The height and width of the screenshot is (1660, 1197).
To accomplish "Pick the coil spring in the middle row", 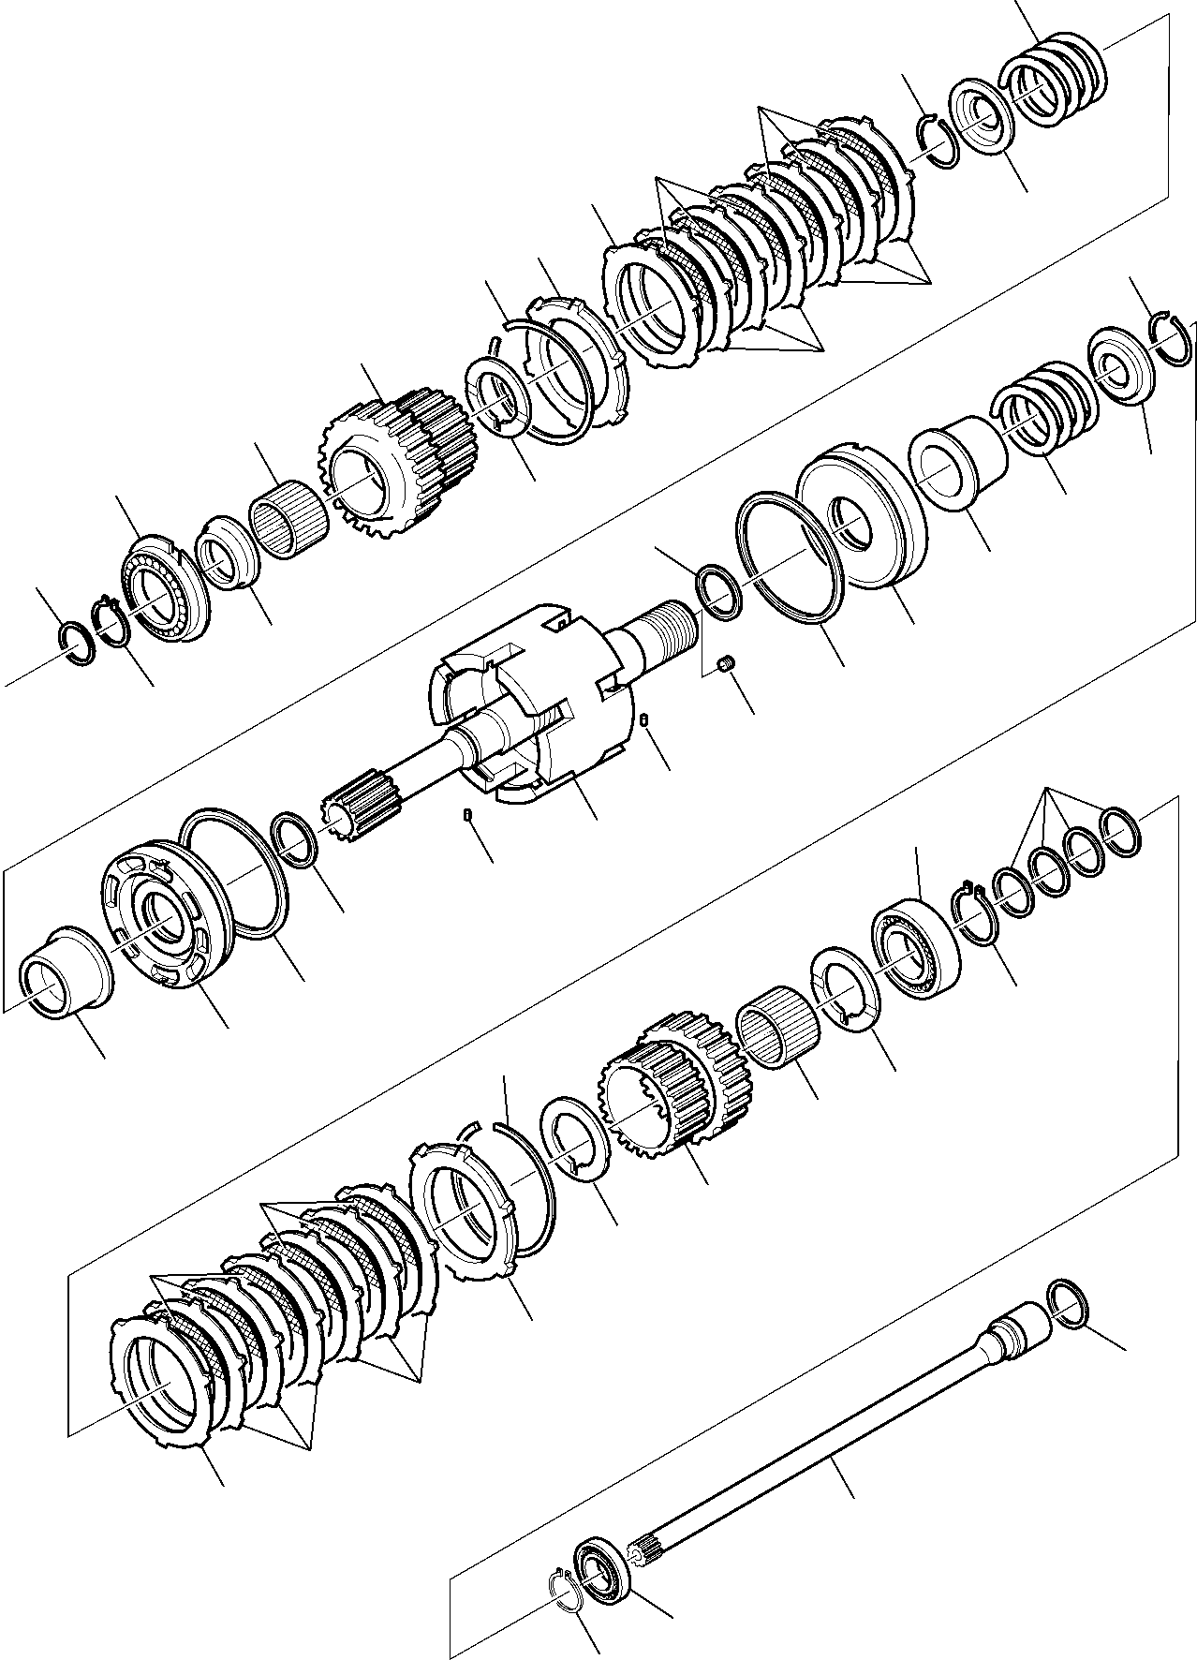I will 1042,409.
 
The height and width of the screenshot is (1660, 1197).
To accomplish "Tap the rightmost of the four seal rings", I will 1119,832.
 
